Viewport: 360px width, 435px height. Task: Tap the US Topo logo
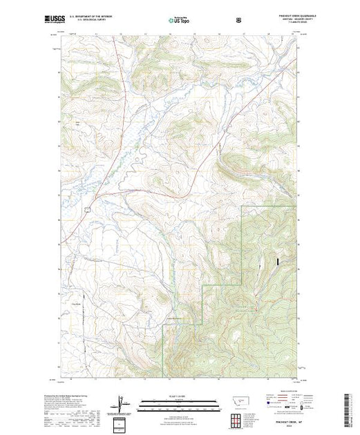pyautogui.click(x=180, y=21)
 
